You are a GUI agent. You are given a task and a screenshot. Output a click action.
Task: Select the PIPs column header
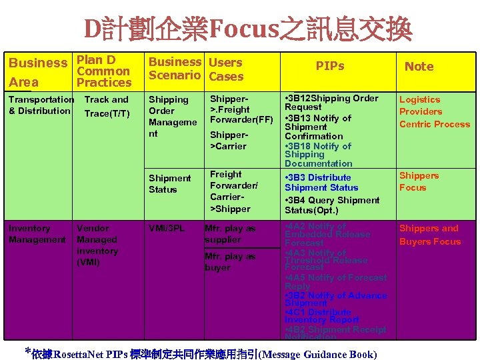point(329,66)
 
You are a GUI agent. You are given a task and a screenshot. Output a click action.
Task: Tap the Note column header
point(419,66)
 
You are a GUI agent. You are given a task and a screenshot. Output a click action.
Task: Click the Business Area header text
point(37,72)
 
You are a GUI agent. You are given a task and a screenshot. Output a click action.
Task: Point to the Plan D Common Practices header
point(103,71)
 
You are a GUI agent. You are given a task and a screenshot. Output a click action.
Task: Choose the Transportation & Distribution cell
point(41,105)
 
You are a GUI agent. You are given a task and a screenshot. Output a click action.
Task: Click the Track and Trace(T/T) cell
point(106,107)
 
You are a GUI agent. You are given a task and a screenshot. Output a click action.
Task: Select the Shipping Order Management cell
point(173,117)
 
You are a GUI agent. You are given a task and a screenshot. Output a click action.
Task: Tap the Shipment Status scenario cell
point(169,184)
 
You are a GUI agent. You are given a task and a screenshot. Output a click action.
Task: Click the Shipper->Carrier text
point(229,140)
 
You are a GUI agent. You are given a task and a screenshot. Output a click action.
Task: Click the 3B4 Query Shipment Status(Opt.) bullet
point(331,205)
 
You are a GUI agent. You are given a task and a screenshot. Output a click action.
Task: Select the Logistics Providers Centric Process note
point(434,112)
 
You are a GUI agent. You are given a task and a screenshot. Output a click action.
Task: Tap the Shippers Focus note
point(419,182)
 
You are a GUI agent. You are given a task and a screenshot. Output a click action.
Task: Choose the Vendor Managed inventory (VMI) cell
point(97,245)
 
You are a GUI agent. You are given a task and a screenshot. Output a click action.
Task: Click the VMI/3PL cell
point(167,229)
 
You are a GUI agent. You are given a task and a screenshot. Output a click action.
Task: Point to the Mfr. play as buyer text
point(230,262)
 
